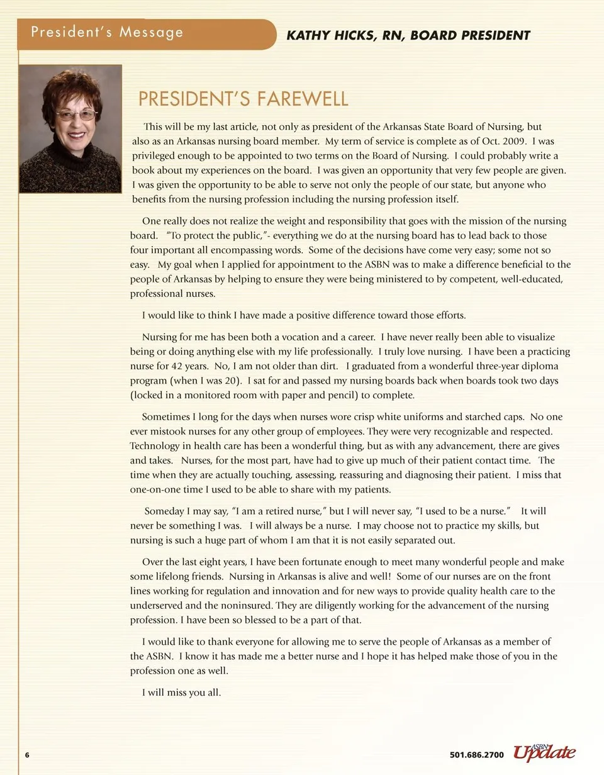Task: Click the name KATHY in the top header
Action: pos(308,36)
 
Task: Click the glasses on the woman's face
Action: pos(76,115)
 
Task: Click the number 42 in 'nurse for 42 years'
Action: pos(181,366)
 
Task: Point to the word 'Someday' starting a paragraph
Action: pos(164,511)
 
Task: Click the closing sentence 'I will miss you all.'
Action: pos(181,693)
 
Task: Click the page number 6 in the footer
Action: pos(27,755)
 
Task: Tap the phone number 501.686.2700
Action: pos(477,755)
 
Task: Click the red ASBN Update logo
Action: pos(544,752)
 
